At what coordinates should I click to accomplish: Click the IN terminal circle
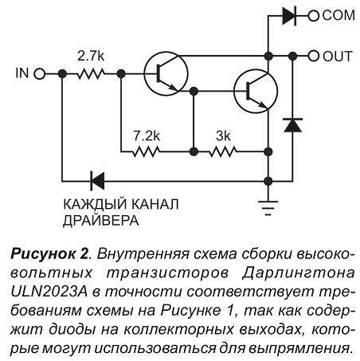tap(40, 74)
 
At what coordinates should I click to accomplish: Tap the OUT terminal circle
tap(313, 56)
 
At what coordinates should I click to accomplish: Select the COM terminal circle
tap(313, 16)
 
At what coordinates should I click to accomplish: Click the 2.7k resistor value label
tap(91, 56)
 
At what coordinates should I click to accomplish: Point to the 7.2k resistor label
tap(147, 136)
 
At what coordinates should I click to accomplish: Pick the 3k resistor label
tap(223, 136)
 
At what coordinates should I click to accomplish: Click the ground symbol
tap(268, 208)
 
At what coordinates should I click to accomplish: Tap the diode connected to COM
tap(289, 16)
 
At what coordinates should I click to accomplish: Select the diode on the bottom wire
tap(97, 181)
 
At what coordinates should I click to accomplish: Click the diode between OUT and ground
tap(292, 125)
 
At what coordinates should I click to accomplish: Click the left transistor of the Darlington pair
tap(166, 73)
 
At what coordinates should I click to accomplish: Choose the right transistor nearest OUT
tap(256, 91)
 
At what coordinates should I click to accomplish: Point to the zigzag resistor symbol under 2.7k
tap(91, 74)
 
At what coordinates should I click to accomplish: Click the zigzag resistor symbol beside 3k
tap(223, 152)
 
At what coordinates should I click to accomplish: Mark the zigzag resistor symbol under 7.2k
tap(147, 152)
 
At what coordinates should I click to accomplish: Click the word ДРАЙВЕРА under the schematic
tap(101, 220)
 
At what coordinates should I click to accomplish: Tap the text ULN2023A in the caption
tap(49, 292)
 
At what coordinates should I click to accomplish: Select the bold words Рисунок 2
tap(49, 254)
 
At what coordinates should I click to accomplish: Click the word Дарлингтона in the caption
tap(299, 273)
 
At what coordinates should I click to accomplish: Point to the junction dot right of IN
tap(62, 74)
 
